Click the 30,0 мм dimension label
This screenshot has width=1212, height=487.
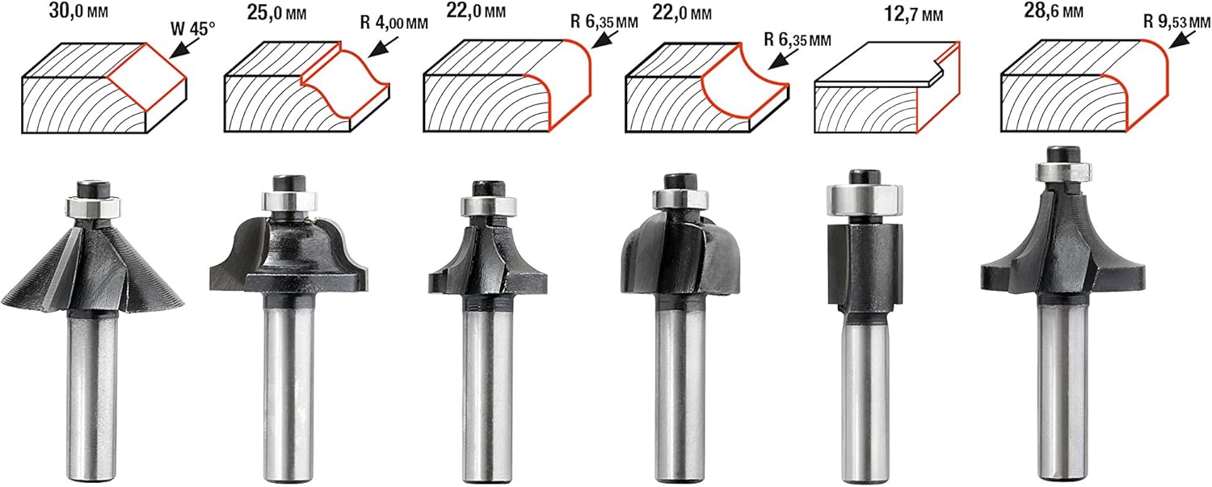click(x=78, y=11)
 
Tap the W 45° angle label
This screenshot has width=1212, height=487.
click(x=192, y=29)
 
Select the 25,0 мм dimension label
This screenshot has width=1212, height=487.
click(x=276, y=12)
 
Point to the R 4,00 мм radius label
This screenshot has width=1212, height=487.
click(x=394, y=23)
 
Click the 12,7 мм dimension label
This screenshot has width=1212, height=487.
click(x=913, y=14)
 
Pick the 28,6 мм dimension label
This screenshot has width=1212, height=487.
click(x=1054, y=10)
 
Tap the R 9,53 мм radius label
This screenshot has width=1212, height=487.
click(x=1176, y=22)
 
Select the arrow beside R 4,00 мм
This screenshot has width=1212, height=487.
click(x=382, y=47)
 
